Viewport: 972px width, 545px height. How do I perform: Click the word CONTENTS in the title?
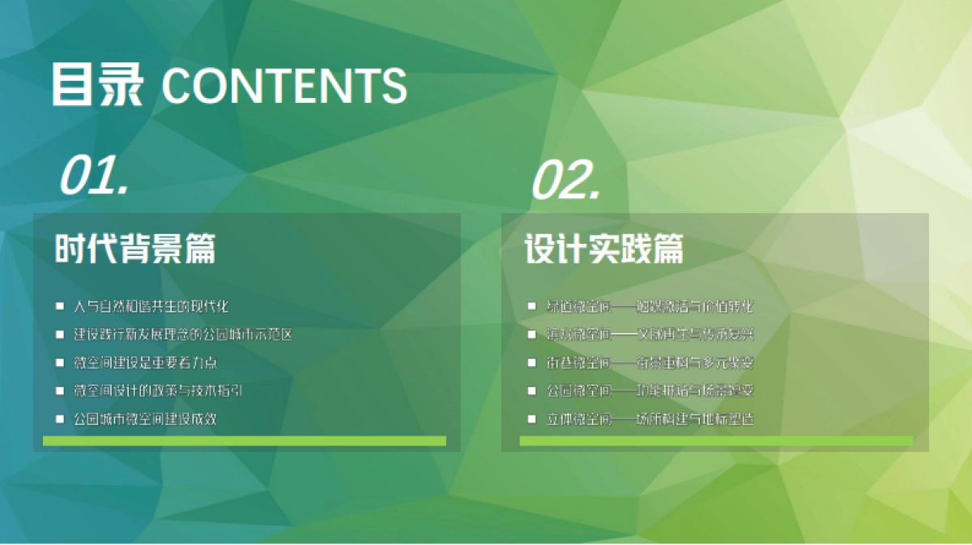coord(284,84)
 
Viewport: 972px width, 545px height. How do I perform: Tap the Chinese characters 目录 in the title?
coord(98,84)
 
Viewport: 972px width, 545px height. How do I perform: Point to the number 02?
coord(565,181)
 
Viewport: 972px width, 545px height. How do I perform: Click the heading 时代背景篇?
coord(135,249)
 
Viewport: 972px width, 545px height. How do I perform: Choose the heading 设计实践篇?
coord(603,249)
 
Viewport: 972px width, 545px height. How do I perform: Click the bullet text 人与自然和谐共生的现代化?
coord(151,306)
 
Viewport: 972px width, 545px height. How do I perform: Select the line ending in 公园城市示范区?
coord(182,334)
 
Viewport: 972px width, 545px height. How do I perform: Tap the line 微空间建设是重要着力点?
coord(146,362)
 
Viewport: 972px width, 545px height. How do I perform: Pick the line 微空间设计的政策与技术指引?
coord(158,390)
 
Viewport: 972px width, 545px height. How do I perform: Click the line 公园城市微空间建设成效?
coord(145,419)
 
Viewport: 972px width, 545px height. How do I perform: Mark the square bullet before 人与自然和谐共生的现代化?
coord(59,306)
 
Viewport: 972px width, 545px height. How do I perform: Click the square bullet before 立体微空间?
coord(531,419)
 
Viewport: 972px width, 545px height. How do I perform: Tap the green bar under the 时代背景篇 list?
coord(244,441)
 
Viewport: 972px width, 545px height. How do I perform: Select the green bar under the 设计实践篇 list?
coord(716,441)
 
